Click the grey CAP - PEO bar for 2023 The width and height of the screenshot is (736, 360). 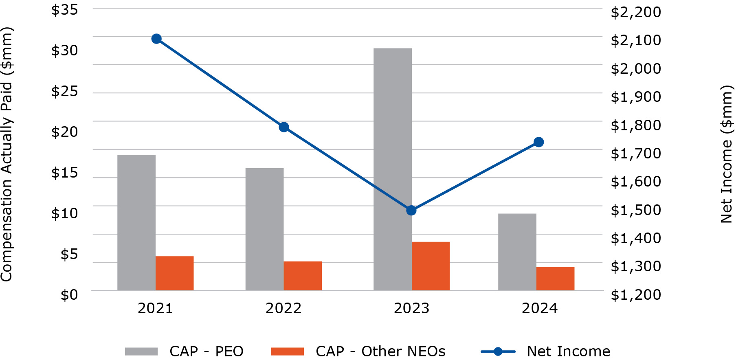click(392, 169)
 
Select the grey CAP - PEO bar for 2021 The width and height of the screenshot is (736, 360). click(136, 222)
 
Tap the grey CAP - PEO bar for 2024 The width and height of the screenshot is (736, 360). click(517, 252)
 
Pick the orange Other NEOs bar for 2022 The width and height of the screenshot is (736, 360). click(303, 276)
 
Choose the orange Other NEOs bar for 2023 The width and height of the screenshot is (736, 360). click(431, 266)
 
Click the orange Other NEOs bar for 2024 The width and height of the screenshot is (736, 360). click(555, 279)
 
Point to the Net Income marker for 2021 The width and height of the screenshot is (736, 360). click(156, 39)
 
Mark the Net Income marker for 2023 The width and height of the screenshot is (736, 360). click(411, 211)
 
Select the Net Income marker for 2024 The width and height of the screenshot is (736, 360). click(538, 142)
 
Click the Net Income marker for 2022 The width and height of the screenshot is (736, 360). click(284, 127)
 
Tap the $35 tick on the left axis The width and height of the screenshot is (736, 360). click(64, 10)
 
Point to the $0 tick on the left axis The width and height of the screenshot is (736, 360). click(69, 294)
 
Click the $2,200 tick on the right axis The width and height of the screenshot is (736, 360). click(635, 12)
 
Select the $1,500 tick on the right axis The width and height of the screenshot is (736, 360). click(635, 210)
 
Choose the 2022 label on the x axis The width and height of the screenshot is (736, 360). click(283, 308)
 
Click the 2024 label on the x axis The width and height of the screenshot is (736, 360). click(539, 308)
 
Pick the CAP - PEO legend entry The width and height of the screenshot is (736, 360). click(184, 351)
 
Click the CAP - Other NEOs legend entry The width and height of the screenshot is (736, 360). click(358, 351)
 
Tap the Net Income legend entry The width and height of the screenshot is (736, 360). click(546, 351)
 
